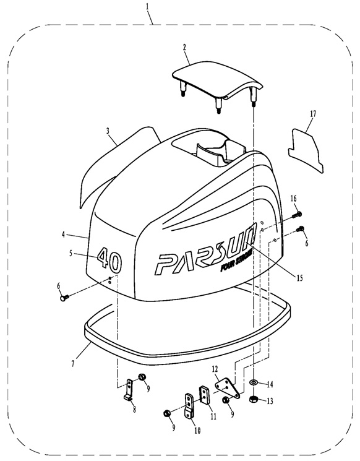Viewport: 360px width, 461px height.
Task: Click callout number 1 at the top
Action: [x=147, y=6]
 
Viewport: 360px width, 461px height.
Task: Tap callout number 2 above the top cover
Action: [x=184, y=48]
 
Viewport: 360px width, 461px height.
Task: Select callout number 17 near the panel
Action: [x=313, y=113]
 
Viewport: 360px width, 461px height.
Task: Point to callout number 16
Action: [x=294, y=199]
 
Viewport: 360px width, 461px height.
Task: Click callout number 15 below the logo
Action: [x=299, y=278]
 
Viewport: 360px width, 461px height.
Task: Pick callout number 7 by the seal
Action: [x=73, y=363]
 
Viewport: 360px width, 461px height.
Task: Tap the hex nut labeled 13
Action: [x=254, y=400]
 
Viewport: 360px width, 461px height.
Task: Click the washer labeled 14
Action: [x=253, y=382]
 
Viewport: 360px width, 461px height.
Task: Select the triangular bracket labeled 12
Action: [x=228, y=388]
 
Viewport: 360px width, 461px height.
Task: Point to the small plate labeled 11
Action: [x=204, y=394]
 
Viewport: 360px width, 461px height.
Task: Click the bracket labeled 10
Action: [x=189, y=405]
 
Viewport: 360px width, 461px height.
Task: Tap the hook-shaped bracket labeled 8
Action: [x=129, y=390]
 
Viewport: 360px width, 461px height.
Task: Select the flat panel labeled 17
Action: [x=306, y=150]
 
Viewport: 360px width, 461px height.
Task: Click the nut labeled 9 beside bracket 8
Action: [x=142, y=376]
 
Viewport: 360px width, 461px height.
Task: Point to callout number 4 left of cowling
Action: [x=63, y=235]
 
